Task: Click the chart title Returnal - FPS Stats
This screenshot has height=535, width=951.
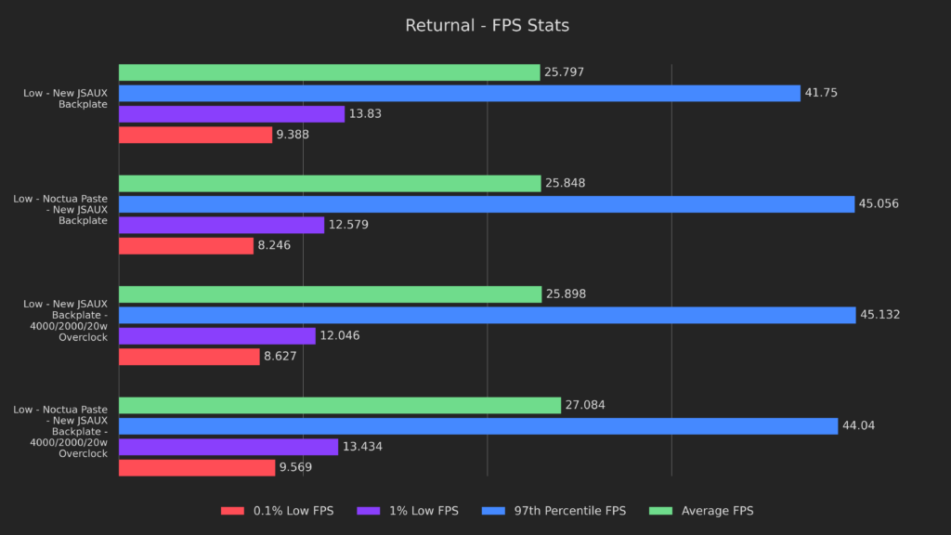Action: pyautogui.click(x=487, y=26)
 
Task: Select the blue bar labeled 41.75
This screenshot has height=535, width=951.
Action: pyautogui.click(x=459, y=93)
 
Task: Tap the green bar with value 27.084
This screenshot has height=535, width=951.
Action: pyautogui.click(x=340, y=405)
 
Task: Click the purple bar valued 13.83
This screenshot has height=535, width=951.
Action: pyautogui.click(x=231, y=114)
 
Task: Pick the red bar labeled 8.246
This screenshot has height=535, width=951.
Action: pyautogui.click(x=186, y=245)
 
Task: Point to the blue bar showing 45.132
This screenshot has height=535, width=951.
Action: pyautogui.click(x=487, y=315)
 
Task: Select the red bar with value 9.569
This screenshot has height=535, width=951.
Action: pyautogui.click(x=197, y=467)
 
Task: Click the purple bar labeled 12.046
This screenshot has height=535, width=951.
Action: pyautogui.click(x=217, y=335)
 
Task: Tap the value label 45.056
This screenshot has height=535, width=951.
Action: pyautogui.click(x=879, y=204)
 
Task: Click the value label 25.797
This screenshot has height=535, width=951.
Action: pyautogui.click(x=565, y=72)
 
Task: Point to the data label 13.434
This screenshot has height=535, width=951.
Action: pyautogui.click(x=362, y=447)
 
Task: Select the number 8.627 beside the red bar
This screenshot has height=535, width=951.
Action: pyautogui.click(x=280, y=357)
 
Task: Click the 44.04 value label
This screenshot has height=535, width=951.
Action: pyautogui.click(x=858, y=425)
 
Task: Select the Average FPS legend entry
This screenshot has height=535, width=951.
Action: pyautogui.click(x=717, y=511)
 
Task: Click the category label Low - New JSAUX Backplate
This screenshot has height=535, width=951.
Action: pyautogui.click(x=65, y=98)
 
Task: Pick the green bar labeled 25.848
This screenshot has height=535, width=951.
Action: pyautogui.click(x=330, y=183)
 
